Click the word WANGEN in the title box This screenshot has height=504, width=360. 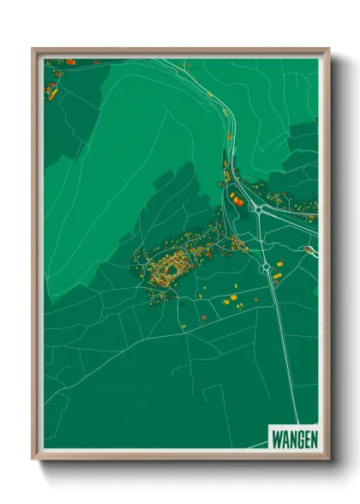tap(294, 438)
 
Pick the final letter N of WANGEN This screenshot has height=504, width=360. tap(313, 438)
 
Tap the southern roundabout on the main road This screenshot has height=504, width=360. tap(267, 267)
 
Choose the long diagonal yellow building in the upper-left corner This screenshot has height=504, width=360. tap(54, 92)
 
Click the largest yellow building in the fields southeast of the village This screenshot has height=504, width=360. tap(233, 297)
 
